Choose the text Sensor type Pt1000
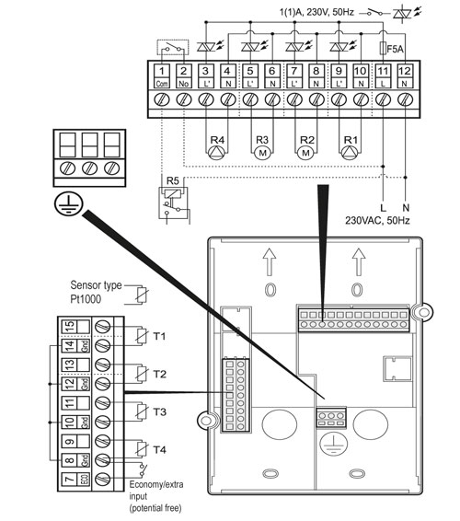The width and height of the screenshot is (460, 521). coord(94,293)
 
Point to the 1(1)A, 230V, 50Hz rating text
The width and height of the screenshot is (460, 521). coord(308,11)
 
